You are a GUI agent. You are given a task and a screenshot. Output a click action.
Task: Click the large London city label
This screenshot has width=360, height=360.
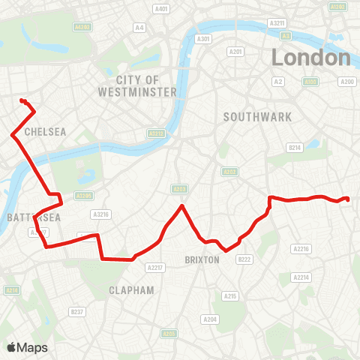coord(311,58)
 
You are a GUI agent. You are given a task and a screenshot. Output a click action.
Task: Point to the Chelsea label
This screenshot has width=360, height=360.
coord(45,131)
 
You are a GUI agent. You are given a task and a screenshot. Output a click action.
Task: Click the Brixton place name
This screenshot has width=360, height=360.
coord(201,259)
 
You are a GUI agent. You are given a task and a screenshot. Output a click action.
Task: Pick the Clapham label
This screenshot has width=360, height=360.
coord(131,289)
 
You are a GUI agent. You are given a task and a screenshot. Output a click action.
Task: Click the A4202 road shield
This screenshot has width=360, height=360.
coord(82,26)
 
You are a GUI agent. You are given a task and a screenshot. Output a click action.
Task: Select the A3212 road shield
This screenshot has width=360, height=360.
coord(156,133)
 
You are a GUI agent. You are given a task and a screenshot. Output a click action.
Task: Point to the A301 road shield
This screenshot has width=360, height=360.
coord(202,39)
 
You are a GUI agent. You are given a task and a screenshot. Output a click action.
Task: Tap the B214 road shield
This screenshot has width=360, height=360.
coord(295,148)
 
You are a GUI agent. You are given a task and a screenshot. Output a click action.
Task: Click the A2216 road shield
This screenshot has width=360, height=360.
coord(301,248)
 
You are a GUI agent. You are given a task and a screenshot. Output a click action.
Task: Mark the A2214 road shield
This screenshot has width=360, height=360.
coord(301,277)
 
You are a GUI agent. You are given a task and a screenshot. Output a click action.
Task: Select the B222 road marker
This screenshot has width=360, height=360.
coord(243,259)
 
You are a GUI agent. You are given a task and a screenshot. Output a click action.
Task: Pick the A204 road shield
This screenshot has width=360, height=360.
coord(210,319)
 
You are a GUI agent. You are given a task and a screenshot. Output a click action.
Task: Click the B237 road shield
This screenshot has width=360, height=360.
coord(76,311)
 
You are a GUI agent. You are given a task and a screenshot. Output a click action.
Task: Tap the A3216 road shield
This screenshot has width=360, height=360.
coord(101,214)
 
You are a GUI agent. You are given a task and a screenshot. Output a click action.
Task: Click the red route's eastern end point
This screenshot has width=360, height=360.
coord(347,199)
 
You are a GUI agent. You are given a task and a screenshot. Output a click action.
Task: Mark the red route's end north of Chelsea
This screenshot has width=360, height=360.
coord(22,100)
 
